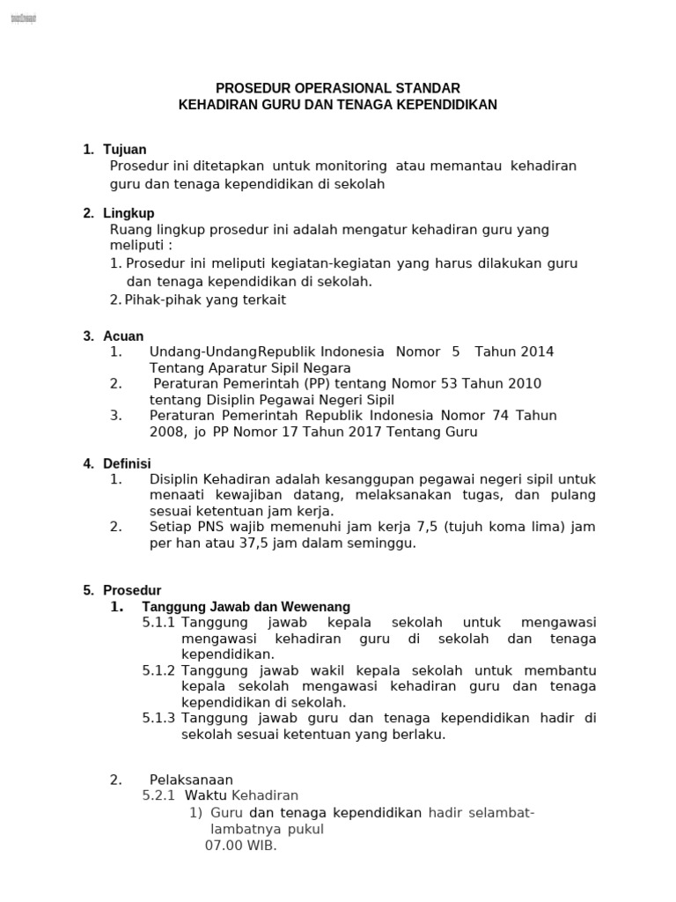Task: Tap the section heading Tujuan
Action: [125, 150]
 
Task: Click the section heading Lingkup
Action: [129, 213]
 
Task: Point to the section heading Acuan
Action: [123, 336]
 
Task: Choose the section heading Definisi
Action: [128, 463]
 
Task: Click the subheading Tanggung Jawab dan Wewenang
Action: [246, 607]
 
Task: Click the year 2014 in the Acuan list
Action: [536, 351]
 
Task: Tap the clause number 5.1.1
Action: [159, 623]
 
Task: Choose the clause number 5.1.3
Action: [159, 718]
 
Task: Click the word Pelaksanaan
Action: [191, 780]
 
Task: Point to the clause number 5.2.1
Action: [159, 795]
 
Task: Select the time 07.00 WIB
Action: [240, 846]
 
